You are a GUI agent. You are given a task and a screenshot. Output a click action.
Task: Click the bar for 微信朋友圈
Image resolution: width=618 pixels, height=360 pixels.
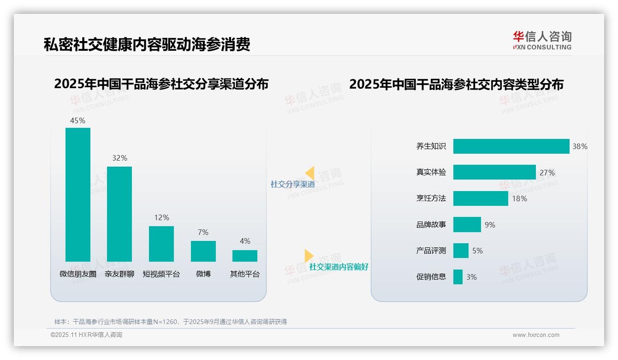78,194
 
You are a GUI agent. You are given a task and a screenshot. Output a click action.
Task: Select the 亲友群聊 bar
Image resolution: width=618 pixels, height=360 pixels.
119,214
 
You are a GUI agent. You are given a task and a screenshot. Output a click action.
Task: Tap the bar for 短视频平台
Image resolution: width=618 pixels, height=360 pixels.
161,244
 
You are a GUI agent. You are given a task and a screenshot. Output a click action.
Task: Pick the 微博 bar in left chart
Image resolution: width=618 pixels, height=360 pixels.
203,251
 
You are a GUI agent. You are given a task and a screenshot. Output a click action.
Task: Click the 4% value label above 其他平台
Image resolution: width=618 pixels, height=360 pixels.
245,241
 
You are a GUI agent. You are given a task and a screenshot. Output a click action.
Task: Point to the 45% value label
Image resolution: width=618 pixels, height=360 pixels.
77,120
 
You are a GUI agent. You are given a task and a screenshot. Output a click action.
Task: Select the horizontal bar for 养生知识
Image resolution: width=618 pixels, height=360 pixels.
511,146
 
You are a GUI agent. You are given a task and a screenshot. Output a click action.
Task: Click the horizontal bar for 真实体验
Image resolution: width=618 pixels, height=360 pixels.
494,172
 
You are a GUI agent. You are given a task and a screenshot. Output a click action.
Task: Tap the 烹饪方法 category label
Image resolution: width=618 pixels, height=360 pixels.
431,198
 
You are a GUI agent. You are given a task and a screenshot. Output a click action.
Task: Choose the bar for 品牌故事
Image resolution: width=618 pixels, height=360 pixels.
467,225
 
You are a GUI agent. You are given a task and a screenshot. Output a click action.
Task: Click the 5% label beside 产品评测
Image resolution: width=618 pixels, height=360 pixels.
477,251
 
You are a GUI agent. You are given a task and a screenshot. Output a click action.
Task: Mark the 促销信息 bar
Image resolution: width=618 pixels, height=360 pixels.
458,277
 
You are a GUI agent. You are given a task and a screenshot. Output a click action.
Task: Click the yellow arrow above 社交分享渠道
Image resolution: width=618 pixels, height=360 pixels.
309,173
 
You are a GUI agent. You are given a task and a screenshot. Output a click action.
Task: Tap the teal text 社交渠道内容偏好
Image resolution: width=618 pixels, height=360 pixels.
339,267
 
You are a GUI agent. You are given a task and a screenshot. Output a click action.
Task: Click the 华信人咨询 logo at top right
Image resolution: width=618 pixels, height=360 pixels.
542,40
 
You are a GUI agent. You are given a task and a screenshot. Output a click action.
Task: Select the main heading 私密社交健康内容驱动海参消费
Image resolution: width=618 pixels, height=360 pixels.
147,45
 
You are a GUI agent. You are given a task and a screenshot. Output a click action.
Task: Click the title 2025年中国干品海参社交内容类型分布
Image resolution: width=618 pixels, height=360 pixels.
456,84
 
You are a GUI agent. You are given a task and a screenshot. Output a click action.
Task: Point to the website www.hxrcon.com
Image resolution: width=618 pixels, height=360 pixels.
535,335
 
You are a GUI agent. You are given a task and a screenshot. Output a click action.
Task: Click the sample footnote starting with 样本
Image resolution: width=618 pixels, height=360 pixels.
171,322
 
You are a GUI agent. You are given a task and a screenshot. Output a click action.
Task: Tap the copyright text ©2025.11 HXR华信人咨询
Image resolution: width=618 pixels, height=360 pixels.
86,335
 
